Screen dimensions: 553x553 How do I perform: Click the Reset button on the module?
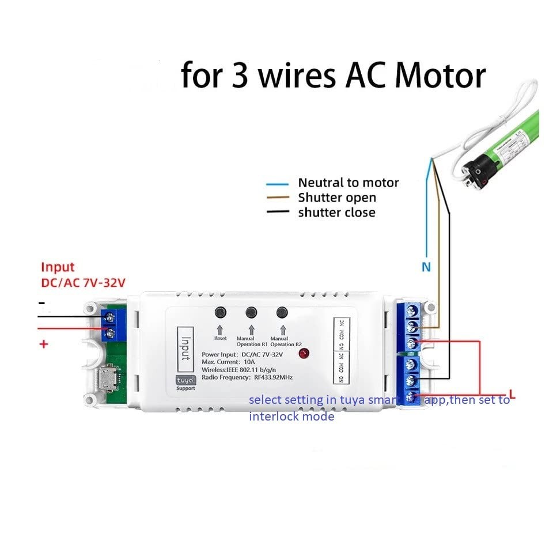pyautogui.click(x=220, y=312)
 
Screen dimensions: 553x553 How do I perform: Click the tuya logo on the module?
pyautogui.click(x=186, y=380)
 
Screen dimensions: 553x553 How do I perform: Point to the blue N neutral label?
pyautogui.click(x=426, y=267)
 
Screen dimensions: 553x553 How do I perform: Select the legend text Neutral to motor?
pyautogui.click(x=348, y=183)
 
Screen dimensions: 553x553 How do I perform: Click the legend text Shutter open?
pyautogui.click(x=336, y=198)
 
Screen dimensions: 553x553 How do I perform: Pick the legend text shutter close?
pyautogui.click(x=336, y=213)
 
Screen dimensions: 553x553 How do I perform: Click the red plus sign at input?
pyautogui.click(x=42, y=344)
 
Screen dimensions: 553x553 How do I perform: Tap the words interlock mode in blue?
pyautogui.click(x=291, y=416)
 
